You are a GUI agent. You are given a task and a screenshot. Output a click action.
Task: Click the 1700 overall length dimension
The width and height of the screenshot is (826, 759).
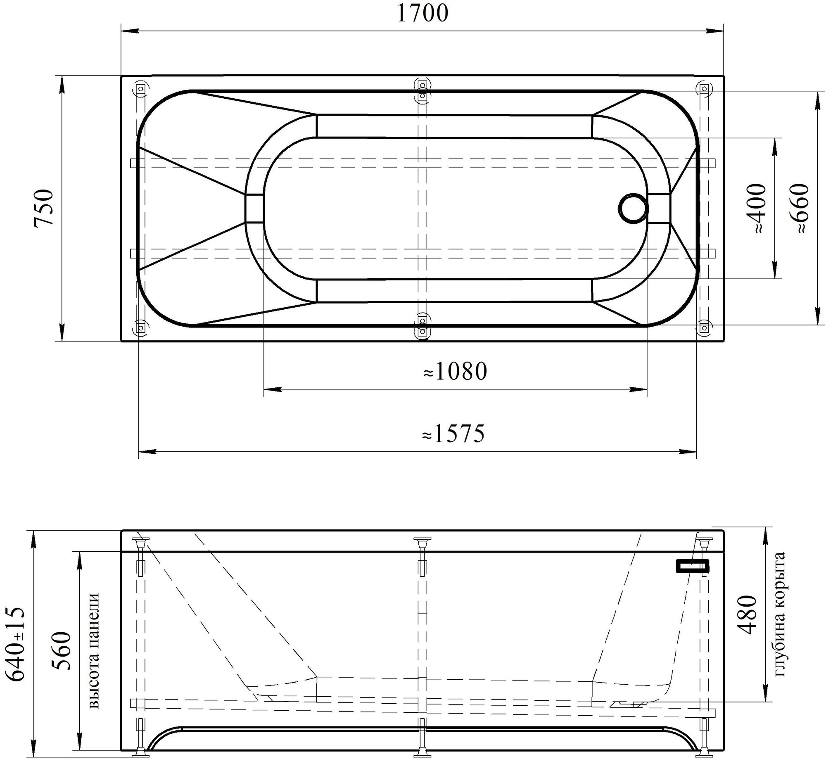coord(422,14)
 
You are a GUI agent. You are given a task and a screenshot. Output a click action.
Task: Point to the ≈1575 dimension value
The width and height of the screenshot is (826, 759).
coord(453,434)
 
